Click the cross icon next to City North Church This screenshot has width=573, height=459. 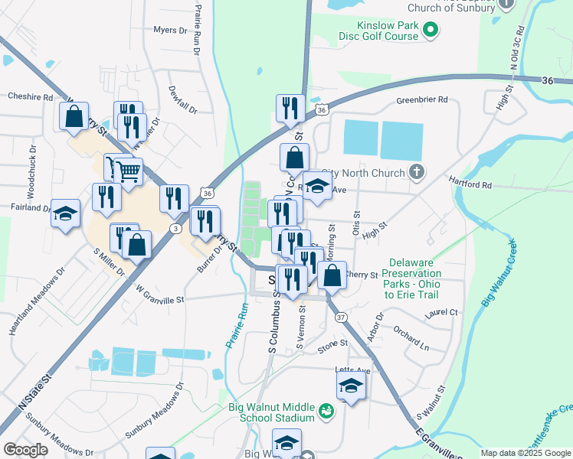(416, 171)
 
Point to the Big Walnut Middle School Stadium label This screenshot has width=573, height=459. (271, 413)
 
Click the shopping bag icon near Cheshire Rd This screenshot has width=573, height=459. (74, 116)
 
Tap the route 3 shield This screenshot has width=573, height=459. (177, 228)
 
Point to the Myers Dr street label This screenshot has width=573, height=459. (170, 31)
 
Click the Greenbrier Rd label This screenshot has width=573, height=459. (422, 100)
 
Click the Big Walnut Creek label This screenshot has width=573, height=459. (499, 273)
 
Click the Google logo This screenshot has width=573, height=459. (26, 450)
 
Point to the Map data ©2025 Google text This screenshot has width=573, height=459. (526, 453)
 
